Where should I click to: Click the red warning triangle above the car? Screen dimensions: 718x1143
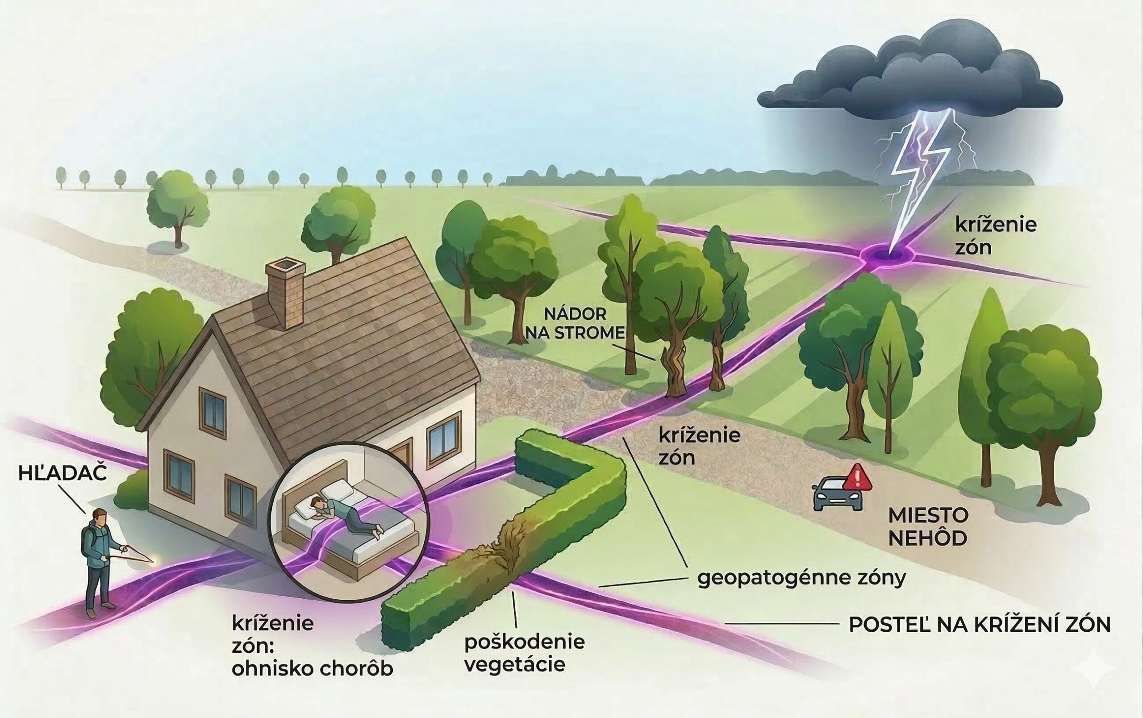858,478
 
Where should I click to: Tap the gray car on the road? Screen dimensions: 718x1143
837,495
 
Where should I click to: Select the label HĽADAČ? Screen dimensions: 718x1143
62,474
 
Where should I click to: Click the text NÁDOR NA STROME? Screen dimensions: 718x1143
575,324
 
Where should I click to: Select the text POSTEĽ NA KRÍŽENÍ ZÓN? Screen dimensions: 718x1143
979,625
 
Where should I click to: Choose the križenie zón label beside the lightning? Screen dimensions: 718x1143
995,236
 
